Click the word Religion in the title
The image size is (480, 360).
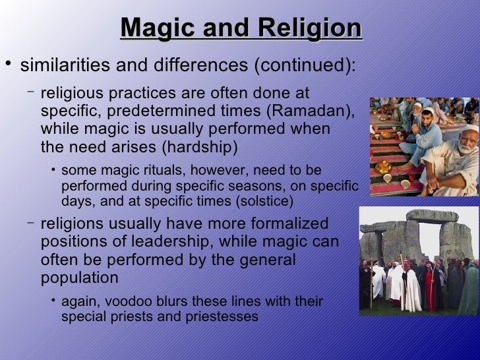pyautogui.click(x=310, y=28)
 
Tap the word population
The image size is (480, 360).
pyautogui.click(x=80, y=278)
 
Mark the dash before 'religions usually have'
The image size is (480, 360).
pyautogui.click(x=31, y=222)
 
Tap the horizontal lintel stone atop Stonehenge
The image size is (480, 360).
pyautogui.click(x=432, y=216)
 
